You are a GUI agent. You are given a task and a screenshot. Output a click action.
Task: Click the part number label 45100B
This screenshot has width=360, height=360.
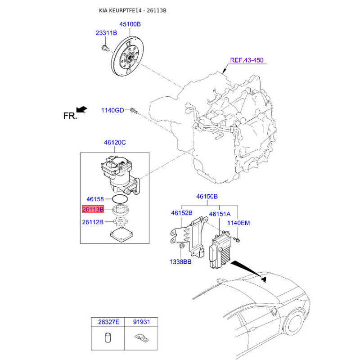pyautogui.click(x=130, y=24)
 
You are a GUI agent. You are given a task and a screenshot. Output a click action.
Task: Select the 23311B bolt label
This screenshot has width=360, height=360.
pyautogui.click(x=106, y=33)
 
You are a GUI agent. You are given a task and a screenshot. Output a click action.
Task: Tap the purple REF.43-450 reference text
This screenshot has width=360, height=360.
pyautogui.click(x=247, y=60)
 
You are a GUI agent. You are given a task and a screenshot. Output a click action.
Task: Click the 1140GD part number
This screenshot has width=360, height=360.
pyautogui.click(x=112, y=110)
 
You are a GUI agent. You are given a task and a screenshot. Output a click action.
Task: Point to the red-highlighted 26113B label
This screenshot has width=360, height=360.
pyautogui.click(x=93, y=209)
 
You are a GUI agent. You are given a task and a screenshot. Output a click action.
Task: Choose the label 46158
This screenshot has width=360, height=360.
pyautogui.click(x=95, y=199)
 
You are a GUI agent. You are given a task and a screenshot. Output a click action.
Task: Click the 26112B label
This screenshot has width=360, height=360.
pyautogui.click(x=93, y=222)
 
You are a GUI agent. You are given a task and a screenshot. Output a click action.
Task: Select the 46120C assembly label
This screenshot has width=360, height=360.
pyautogui.click(x=115, y=143)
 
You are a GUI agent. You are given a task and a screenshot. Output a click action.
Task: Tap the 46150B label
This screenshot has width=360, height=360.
pyautogui.click(x=207, y=197)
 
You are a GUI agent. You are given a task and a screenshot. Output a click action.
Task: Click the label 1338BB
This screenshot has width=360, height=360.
pyautogui.click(x=180, y=262)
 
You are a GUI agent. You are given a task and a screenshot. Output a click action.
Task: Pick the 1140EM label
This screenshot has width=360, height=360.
pyautogui.click(x=238, y=223)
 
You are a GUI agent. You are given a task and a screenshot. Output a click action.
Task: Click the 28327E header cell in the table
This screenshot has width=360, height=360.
pyautogui.click(x=108, y=322)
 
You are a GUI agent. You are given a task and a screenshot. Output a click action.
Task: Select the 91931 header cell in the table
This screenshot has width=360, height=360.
pyautogui.click(x=141, y=322)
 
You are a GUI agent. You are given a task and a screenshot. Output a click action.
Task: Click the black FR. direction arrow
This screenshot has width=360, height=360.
pyautogui.click(x=82, y=109)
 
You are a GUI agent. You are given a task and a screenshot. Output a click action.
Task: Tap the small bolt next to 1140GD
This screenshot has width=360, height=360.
pyautogui.click(x=134, y=111)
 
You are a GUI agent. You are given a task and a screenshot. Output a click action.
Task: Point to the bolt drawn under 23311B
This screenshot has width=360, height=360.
pyautogui.click(x=104, y=49)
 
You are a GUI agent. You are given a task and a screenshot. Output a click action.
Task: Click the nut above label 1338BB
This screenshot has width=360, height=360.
pyautogui.click(x=181, y=246)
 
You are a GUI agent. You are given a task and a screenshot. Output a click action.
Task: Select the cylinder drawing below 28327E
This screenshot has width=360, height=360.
pyautogui.click(x=108, y=337)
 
